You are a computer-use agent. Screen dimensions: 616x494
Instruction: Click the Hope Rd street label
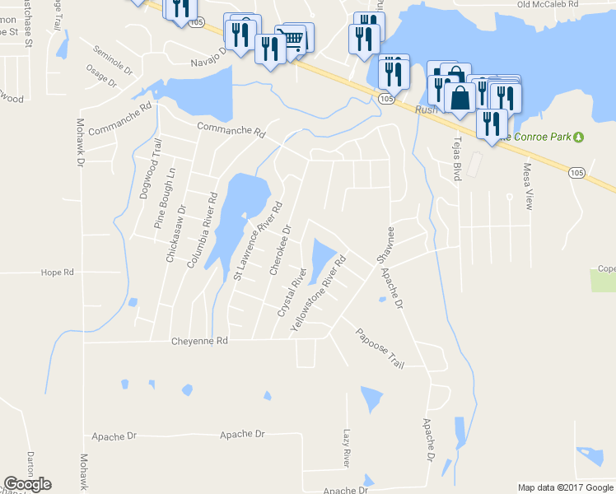tap(57, 272)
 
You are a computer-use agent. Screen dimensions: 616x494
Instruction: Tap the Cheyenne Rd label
tap(198, 341)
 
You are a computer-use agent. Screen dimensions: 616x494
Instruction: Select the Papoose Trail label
tap(380, 348)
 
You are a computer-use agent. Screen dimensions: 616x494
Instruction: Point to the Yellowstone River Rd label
tap(318, 294)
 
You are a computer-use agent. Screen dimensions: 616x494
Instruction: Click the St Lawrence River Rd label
tap(258, 240)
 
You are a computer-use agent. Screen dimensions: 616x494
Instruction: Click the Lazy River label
tap(347, 446)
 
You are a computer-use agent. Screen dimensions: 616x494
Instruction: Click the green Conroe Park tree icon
tap(579, 136)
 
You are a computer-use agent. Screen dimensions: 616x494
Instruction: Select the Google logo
tap(27, 484)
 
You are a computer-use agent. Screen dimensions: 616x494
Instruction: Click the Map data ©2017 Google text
tap(564, 487)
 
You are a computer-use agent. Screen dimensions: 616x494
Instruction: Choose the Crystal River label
tap(292, 292)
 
